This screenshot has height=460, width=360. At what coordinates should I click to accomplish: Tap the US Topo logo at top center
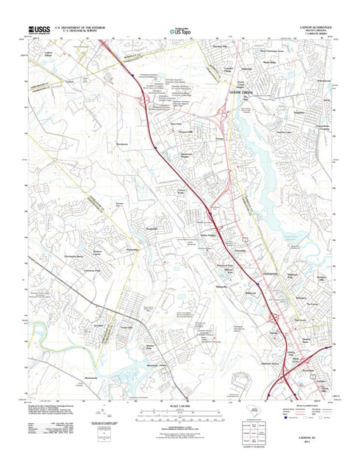(x=180, y=32)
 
